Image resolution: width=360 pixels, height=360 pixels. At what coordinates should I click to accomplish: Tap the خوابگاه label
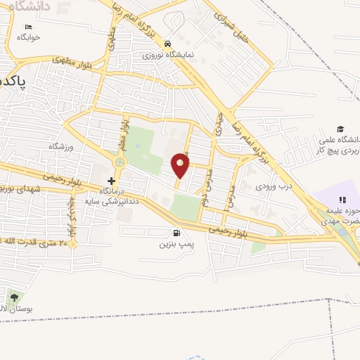point(29,37)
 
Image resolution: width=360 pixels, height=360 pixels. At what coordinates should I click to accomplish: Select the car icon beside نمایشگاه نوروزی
point(167,41)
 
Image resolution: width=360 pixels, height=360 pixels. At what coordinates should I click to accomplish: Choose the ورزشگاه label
point(61,146)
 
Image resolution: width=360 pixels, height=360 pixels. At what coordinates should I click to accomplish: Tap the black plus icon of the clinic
point(111,181)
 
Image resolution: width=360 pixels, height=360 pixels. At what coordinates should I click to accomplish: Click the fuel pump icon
point(174,233)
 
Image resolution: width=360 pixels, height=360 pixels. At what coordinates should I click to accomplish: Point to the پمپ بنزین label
point(174,246)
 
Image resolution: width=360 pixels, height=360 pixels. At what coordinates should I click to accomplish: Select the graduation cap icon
point(340,129)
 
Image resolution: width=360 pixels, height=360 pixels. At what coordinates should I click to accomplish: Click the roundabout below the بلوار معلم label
point(120,162)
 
